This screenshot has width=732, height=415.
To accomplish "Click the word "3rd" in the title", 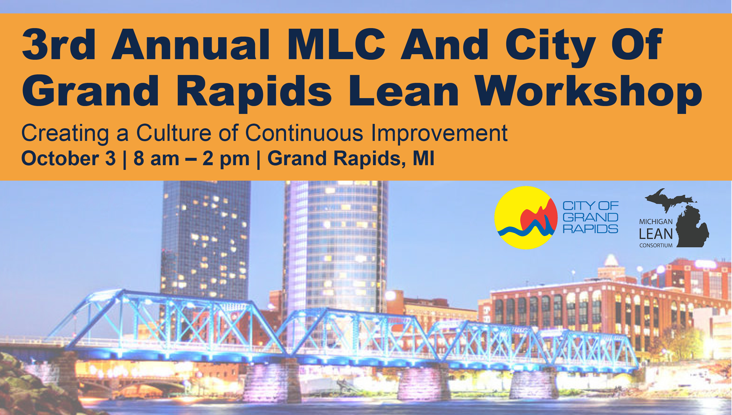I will point(59,45).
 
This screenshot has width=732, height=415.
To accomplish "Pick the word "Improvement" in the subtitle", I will point(439,133).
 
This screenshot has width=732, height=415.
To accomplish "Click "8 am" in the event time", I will point(156,158).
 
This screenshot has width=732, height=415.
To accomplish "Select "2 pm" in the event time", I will point(226,158).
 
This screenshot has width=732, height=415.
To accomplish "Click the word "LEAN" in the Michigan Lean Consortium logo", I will point(656,234).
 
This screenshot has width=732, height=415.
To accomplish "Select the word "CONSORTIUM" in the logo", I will point(656,245).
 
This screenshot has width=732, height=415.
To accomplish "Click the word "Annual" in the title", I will point(190,45).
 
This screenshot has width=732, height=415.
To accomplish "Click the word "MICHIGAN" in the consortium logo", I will point(656,222).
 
